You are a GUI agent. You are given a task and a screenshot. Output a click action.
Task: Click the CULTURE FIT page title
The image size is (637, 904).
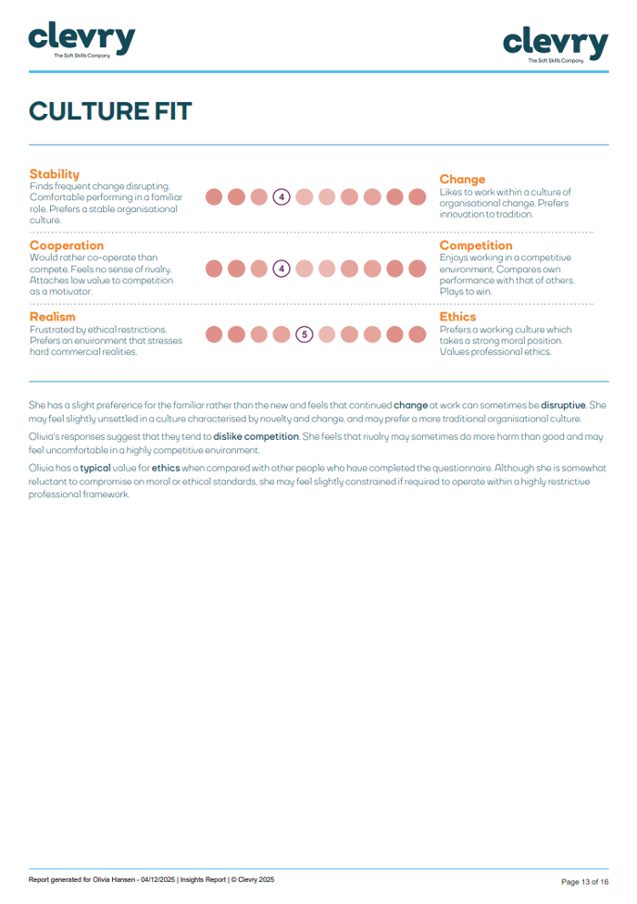click(x=110, y=111)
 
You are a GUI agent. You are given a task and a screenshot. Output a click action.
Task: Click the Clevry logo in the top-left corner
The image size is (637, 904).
click(x=82, y=40)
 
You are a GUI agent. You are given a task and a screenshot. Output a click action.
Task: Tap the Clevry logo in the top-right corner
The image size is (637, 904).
click(x=556, y=44)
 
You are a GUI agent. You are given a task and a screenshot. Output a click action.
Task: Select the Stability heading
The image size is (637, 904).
click(x=54, y=174)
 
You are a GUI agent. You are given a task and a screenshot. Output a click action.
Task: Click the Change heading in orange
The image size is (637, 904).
click(x=462, y=179)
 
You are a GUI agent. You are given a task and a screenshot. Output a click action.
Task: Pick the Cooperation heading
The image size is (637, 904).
click(x=67, y=245)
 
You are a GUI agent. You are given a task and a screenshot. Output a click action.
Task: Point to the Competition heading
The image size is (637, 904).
click(x=476, y=245)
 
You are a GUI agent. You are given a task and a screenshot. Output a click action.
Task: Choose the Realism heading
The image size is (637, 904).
click(x=52, y=317)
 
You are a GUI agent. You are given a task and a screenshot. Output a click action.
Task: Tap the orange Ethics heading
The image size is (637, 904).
click(x=457, y=317)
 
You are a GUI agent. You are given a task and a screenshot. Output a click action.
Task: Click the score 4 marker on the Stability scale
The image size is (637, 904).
click(x=281, y=196)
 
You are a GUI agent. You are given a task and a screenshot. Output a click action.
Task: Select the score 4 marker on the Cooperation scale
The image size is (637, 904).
click(x=281, y=269)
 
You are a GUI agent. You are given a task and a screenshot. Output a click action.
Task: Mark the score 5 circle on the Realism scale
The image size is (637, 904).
click(x=305, y=334)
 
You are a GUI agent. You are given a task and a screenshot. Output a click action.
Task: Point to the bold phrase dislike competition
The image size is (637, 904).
click(x=256, y=436)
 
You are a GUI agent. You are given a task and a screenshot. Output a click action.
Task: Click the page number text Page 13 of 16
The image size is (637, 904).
click(x=584, y=881)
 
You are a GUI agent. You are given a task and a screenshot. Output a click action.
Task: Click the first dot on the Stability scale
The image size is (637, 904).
click(x=214, y=196)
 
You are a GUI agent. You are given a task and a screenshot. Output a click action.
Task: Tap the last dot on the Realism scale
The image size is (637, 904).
click(x=417, y=334)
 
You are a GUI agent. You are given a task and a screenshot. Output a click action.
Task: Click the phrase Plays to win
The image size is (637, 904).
click(x=466, y=292)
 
